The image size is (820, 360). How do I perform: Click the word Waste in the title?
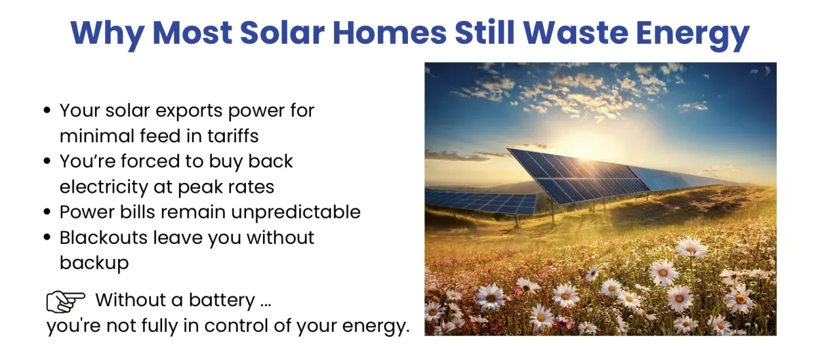[575, 33]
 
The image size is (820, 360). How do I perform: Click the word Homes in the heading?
[389, 33]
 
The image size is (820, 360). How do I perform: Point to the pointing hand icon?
[66, 302]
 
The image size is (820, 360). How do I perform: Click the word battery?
[222, 301]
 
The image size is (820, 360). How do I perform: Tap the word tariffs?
[233, 136]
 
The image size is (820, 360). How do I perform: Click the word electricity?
[104, 187]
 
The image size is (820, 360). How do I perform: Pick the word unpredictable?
[296, 212]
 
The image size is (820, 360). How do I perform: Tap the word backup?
[94, 263]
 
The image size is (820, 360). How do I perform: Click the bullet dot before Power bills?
[47, 212]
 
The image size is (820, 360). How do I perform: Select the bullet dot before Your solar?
[47, 110]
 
